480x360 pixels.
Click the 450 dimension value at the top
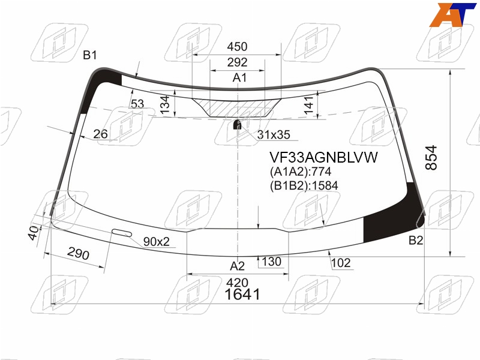point(237,47)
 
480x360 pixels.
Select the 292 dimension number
point(237,62)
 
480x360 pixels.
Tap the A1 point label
point(239,78)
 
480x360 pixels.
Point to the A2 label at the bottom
point(237,266)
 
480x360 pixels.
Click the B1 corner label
point(90,55)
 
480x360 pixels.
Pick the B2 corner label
point(416,241)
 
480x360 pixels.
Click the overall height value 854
point(431,158)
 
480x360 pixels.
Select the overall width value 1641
point(242,295)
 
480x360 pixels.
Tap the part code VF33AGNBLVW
point(323,157)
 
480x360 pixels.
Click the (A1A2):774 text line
point(301,172)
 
